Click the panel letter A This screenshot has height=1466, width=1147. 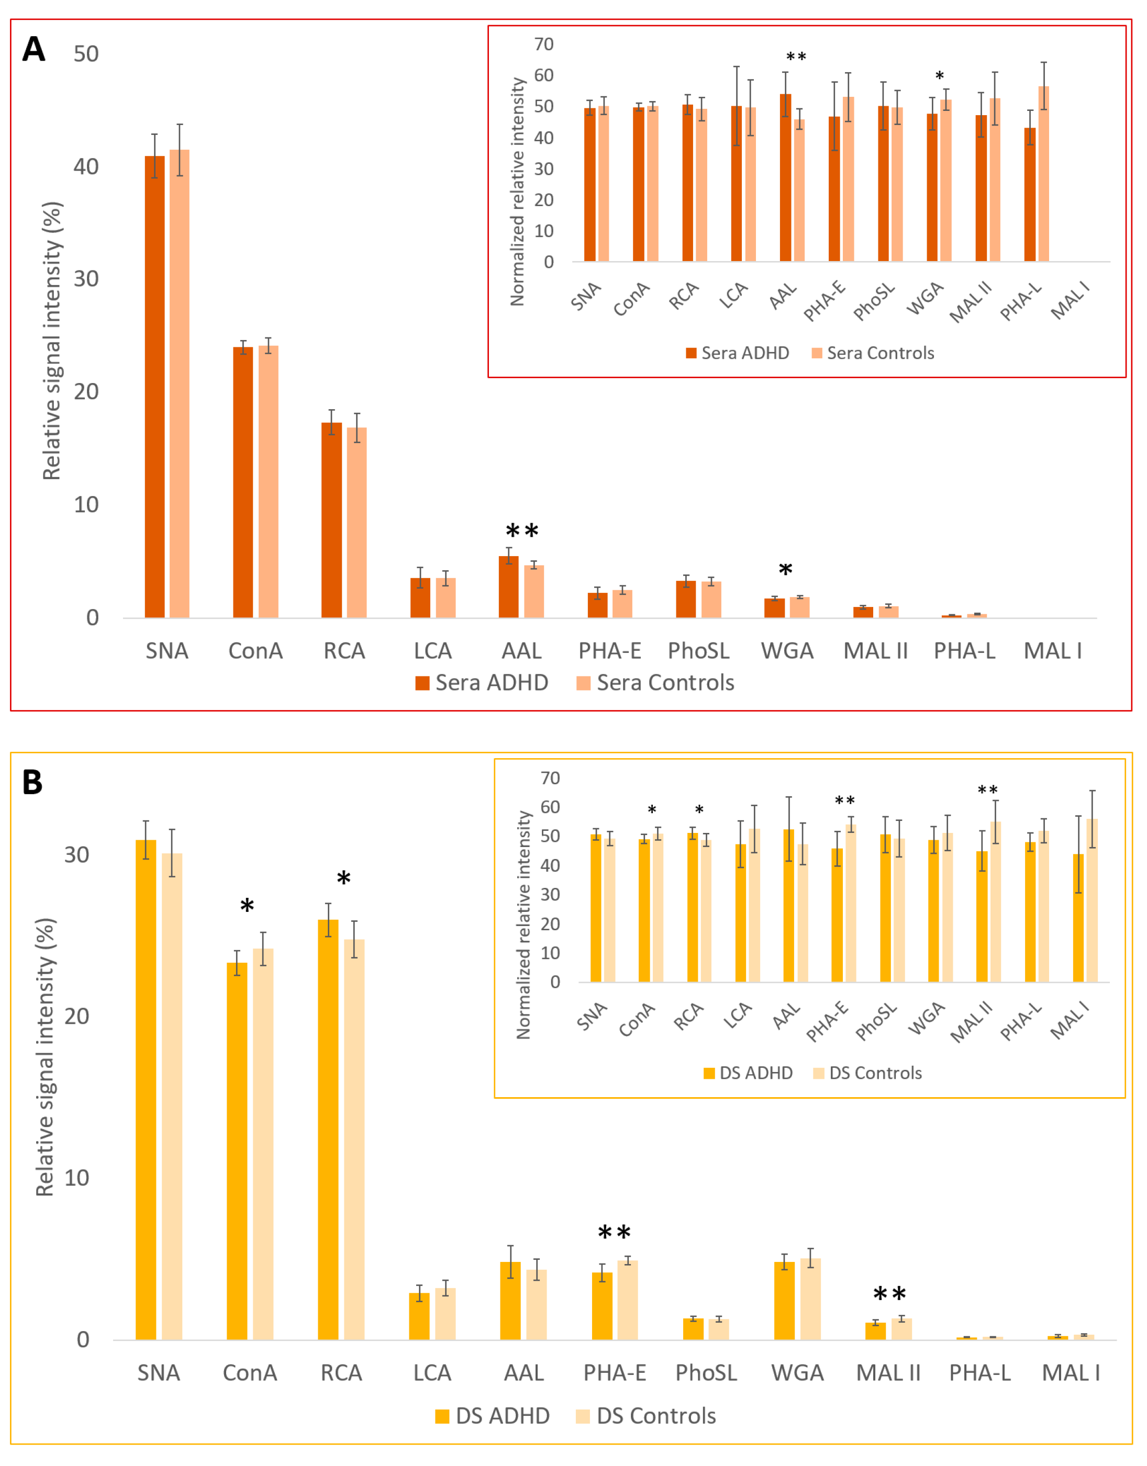coord(34,49)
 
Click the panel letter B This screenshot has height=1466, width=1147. coord(32,783)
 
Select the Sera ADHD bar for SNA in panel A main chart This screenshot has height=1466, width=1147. coord(154,387)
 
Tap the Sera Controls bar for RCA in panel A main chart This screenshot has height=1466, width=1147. coord(357,522)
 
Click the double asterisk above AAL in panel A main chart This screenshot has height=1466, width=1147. coord(522,532)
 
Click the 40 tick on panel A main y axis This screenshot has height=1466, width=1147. coord(86,166)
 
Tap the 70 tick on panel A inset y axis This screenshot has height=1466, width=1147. coord(544,44)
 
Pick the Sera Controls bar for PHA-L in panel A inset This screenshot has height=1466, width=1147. coord(1043,174)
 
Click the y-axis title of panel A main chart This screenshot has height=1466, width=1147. coord(52,341)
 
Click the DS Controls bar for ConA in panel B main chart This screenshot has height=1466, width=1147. coord(263,1144)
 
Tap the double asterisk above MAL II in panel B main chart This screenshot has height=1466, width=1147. coord(890,1295)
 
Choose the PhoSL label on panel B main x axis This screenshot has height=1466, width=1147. coord(706,1373)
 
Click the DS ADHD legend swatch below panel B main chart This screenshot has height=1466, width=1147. coord(442,1417)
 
